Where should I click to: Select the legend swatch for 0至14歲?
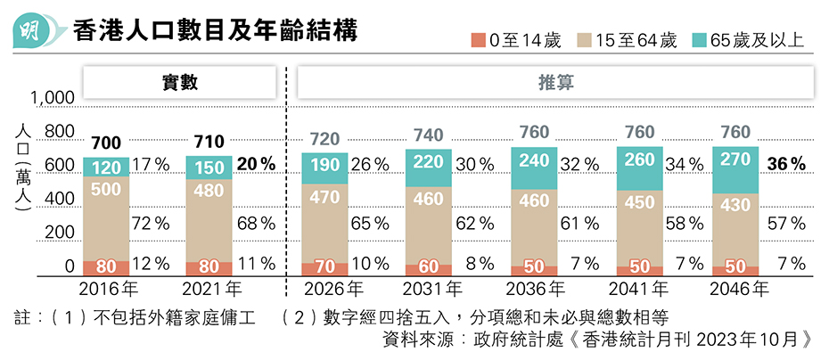(x=479, y=40)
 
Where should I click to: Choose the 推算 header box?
(x=554, y=83)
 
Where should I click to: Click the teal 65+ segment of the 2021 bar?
(x=209, y=168)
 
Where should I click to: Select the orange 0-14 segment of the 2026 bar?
(x=325, y=266)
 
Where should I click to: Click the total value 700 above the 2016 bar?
(x=106, y=143)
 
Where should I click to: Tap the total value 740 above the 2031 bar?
(x=429, y=135)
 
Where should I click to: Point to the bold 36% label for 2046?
(x=787, y=164)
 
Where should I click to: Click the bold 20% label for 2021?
(x=256, y=164)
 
